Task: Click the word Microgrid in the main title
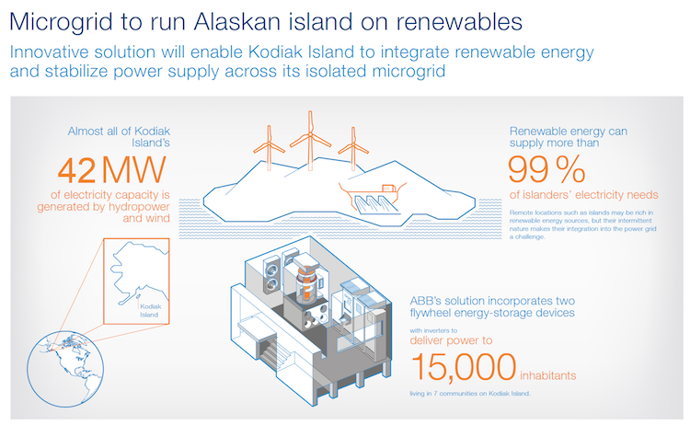click(x=61, y=22)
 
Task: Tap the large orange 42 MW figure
click(x=111, y=170)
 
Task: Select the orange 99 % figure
click(x=546, y=169)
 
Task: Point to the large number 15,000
click(x=464, y=366)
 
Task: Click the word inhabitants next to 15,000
click(x=548, y=375)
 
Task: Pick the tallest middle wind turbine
click(x=310, y=141)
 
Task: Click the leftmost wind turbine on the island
click(x=269, y=147)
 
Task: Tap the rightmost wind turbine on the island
click(x=353, y=148)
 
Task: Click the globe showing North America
click(x=65, y=369)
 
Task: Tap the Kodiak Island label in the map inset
click(x=151, y=311)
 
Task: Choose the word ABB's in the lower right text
click(x=426, y=301)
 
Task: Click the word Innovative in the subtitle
click(x=50, y=52)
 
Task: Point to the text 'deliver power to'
click(x=451, y=340)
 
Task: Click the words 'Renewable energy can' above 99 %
click(x=569, y=132)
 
